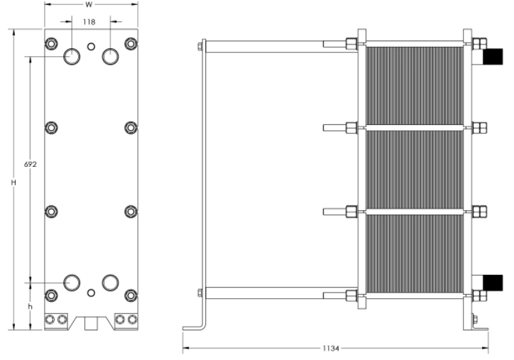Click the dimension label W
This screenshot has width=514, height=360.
coord(89,5)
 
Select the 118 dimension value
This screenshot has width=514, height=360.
coord(90,22)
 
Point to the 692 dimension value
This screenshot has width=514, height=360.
coord(31,164)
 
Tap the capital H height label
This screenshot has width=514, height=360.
coord(13,182)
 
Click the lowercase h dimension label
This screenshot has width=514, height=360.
coord(29,307)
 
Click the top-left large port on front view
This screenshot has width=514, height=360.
coord(72,56)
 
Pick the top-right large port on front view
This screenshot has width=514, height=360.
coord(110,56)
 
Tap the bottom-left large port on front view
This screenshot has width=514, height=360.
coord(72,283)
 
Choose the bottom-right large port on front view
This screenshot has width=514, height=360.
coord(110,283)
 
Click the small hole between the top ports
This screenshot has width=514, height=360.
coord(90,47)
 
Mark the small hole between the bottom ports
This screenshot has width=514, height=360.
coord(90,293)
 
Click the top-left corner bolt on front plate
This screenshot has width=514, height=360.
coord(51,44)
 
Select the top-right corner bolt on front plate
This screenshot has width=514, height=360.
coord(131,44)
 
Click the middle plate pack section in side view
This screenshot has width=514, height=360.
coord(415,170)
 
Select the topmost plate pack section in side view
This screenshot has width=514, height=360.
coord(415,85)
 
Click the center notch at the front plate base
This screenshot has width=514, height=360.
coord(90,322)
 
